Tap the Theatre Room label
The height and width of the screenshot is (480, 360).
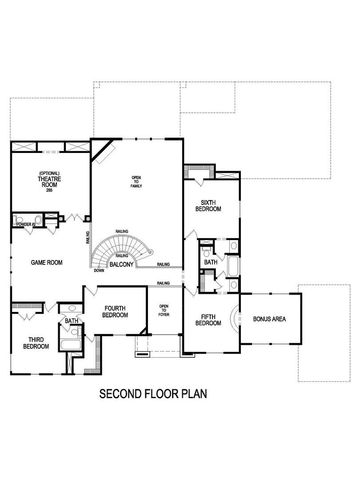51,182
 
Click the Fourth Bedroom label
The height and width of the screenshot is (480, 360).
115,310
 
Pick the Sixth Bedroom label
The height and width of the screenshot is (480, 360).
210,205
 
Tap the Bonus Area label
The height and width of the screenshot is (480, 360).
270,319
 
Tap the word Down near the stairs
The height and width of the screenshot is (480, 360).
99,271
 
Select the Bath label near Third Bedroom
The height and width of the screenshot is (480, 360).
71,321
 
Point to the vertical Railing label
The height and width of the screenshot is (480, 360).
88,241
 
